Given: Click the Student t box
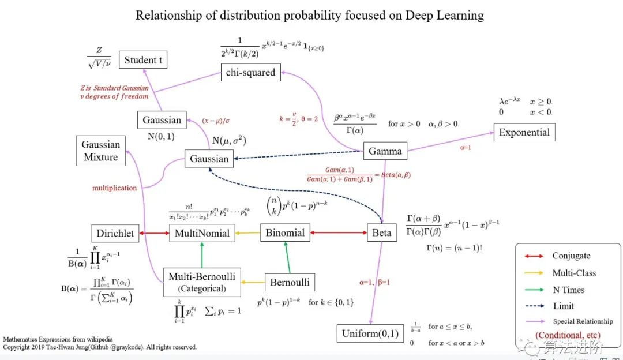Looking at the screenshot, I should pyautogui.click(x=142, y=60).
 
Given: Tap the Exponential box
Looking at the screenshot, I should pyautogui.click(x=524, y=132).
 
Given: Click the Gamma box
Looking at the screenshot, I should pyautogui.click(x=385, y=151).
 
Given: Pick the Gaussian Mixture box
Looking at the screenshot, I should pyautogui.click(x=100, y=151).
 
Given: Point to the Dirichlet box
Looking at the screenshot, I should pyautogui.click(x=115, y=233).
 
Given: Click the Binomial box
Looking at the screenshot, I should pyautogui.click(x=285, y=232).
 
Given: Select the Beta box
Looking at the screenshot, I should pyautogui.click(x=381, y=233).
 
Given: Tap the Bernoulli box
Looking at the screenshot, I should pyautogui.click(x=290, y=282).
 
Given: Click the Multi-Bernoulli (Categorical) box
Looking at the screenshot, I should pyautogui.click(x=201, y=282).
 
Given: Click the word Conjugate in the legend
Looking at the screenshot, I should pyautogui.click(x=571, y=256).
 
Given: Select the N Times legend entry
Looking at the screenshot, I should pyautogui.click(x=568, y=290).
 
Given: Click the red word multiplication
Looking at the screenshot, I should pyautogui.click(x=115, y=188).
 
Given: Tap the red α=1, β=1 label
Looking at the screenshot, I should pyautogui.click(x=376, y=282).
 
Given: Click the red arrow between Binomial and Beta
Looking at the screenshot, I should pyautogui.click(x=339, y=233).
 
